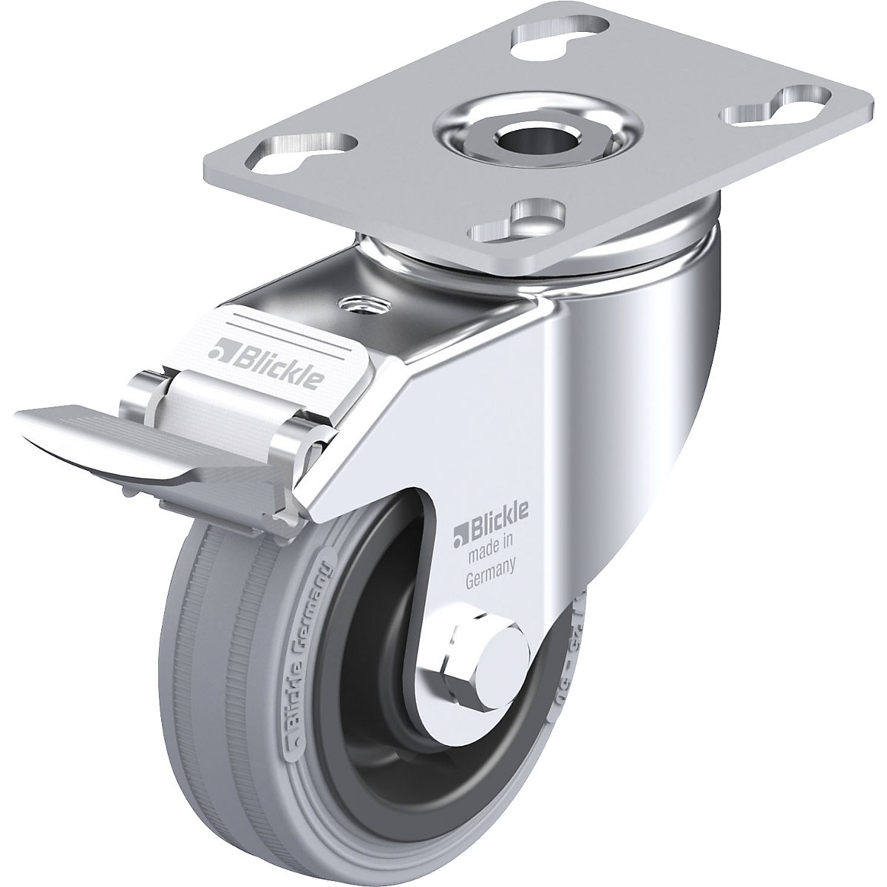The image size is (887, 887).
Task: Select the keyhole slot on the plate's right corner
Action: (x=765, y=106)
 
